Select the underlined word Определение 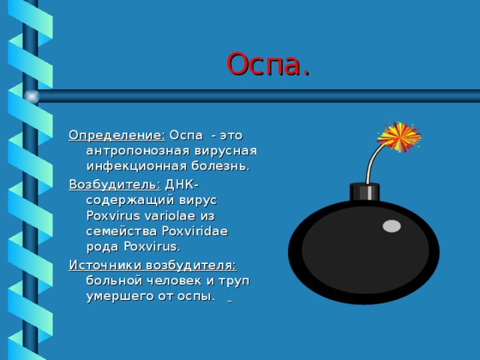[x=117, y=135]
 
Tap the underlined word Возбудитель [x=115, y=185]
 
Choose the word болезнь [x=220, y=166]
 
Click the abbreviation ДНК [x=179, y=184]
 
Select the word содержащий [x=130, y=201]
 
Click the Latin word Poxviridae [x=195, y=231]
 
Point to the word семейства [x=121, y=232]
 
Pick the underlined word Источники [x=105, y=265]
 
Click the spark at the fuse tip [x=399, y=136]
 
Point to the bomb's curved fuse [x=373, y=162]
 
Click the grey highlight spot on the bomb [x=391, y=226]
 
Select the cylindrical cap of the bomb [x=364, y=192]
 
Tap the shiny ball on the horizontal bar [x=31, y=97]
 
